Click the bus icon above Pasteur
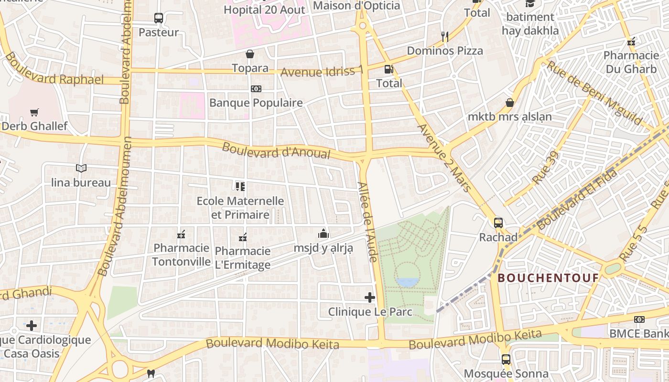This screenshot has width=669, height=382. (x=159, y=18)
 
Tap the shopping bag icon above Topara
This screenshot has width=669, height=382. (x=249, y=54)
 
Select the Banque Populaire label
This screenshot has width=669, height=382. (x=256, y=103)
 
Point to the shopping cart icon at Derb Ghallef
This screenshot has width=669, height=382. (x=34, y=113)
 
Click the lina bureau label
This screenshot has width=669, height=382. (x=81, y=182)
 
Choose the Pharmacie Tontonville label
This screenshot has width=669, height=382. (x=182, y=255)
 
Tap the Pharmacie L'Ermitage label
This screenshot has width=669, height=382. (x=243, y=258)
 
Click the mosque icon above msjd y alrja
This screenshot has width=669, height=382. (x=324, y=233)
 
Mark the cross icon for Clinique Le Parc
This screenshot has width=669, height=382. (x=370, y=297)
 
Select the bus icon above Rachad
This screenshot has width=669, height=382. (x=498, y=223)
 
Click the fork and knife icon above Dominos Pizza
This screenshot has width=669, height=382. (x=444, y=36)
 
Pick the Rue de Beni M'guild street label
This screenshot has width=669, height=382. (x=594, y=93)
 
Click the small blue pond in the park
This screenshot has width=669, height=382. (x=407, y=282)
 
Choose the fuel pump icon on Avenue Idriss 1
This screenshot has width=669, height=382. (x=389, y=69)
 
